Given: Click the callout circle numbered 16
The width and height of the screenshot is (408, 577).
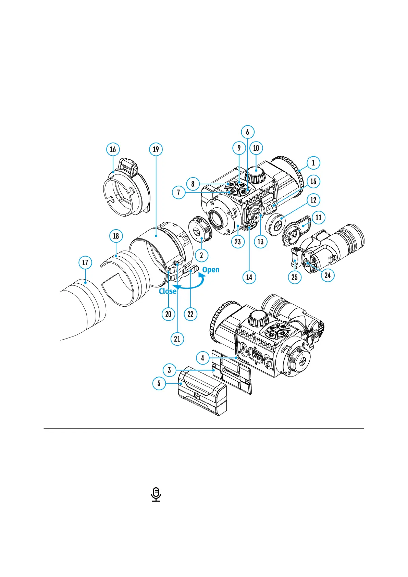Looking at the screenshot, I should click(x=113, y=149).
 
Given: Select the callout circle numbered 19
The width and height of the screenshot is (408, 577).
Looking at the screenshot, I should click(x=156, y=149).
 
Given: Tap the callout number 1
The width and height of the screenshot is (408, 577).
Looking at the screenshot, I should click(x=313, y=163).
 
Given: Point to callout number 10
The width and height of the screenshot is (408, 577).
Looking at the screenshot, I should click(x=256, y=148).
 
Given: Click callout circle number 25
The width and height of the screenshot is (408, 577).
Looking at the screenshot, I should click(x=295, y=277).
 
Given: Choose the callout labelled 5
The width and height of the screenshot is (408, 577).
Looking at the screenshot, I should click(x=159, y=383).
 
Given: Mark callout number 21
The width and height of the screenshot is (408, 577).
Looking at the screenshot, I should click(x=177, y=339).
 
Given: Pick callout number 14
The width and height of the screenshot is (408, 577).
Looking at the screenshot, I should click(x=249, y=277).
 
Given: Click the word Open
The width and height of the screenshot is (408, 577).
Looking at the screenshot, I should click(x=211, y=270).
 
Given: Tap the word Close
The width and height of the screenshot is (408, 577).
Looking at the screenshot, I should click(x=168, y=291).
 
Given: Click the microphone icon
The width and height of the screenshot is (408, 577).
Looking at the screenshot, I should click(x=156, y=494).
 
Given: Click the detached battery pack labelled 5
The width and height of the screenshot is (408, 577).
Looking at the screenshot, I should click(x=202, y=391).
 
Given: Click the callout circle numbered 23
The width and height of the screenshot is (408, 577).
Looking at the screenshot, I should click(x=238, y=242).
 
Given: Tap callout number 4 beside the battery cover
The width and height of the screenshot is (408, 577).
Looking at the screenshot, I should click(x=202, y=358).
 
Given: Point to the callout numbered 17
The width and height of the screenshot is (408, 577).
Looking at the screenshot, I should click(x=85, y=263).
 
